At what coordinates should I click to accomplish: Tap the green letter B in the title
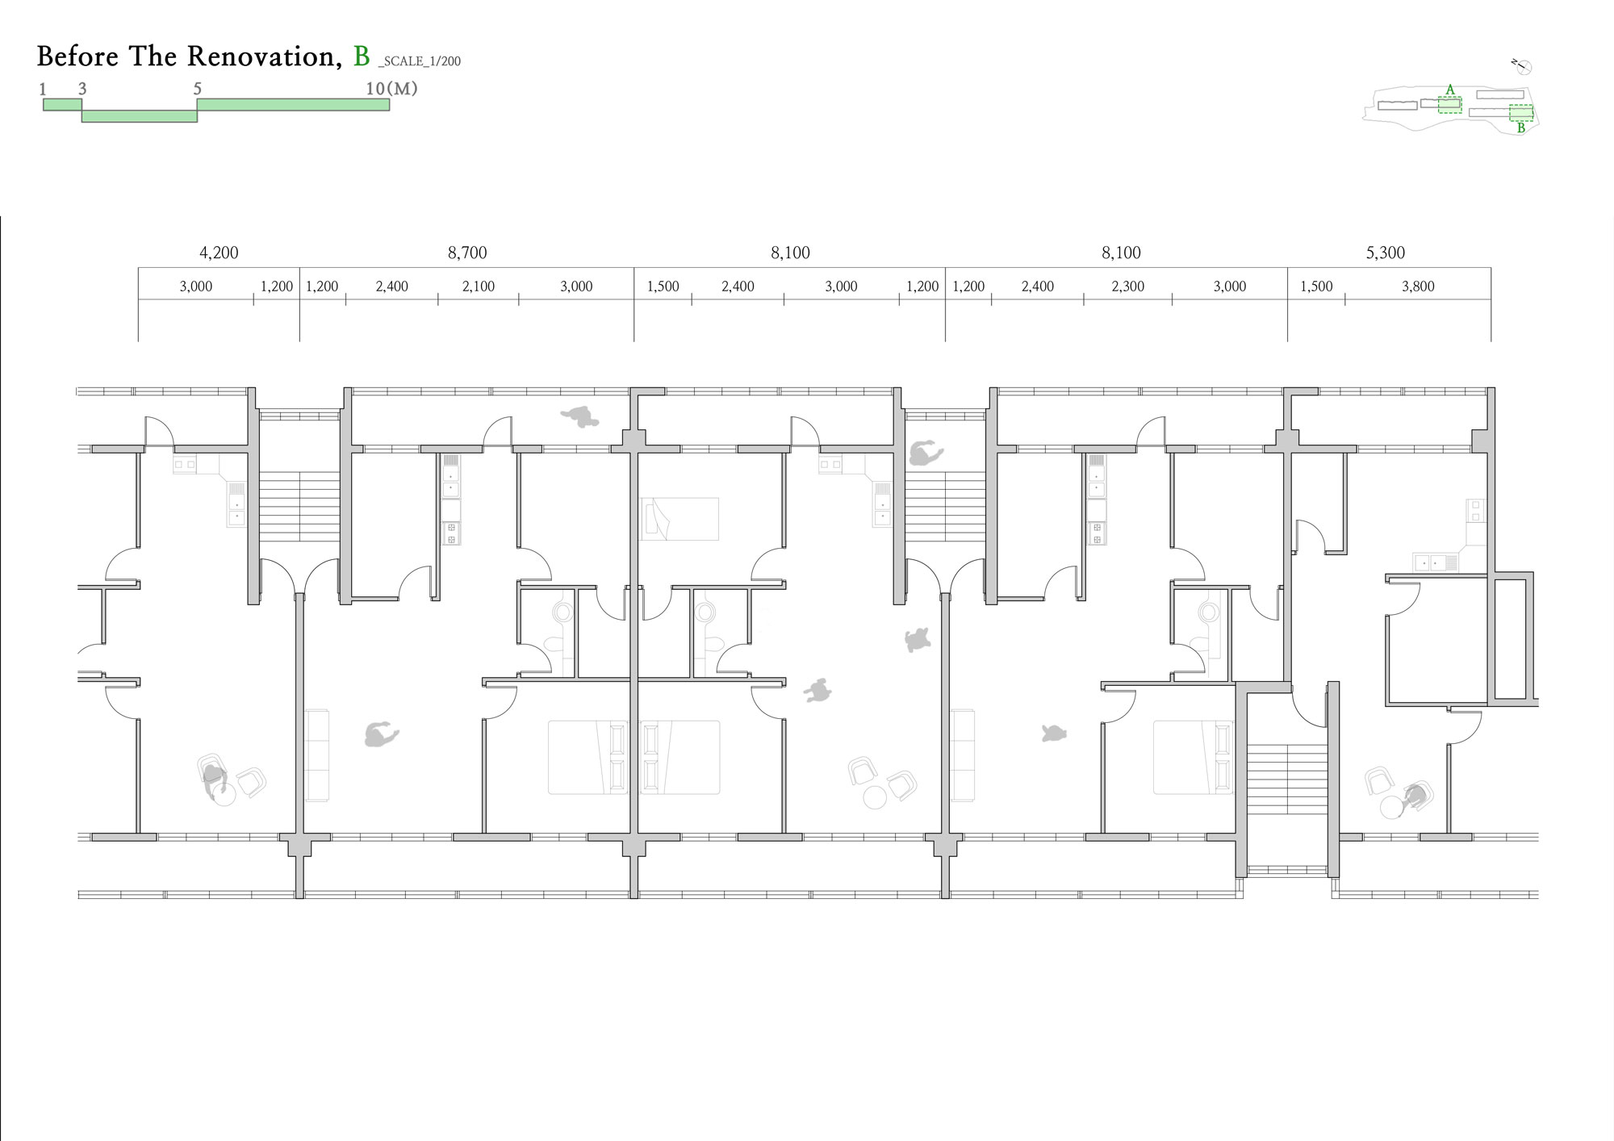362,56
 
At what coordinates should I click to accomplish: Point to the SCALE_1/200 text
420,61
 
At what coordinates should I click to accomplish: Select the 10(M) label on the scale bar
391,89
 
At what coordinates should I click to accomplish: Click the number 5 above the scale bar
198,89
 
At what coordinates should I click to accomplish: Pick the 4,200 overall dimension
219,253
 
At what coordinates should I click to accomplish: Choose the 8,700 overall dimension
467,253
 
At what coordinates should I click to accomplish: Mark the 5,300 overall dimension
1386,253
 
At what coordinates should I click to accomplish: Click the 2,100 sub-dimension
479,286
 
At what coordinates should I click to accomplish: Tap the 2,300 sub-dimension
1128,286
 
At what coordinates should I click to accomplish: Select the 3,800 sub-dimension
1418,286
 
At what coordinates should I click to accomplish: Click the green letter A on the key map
1450,90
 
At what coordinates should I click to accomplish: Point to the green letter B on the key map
1521,127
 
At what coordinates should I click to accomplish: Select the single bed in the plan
679,519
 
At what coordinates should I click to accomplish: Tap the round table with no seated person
875,797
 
